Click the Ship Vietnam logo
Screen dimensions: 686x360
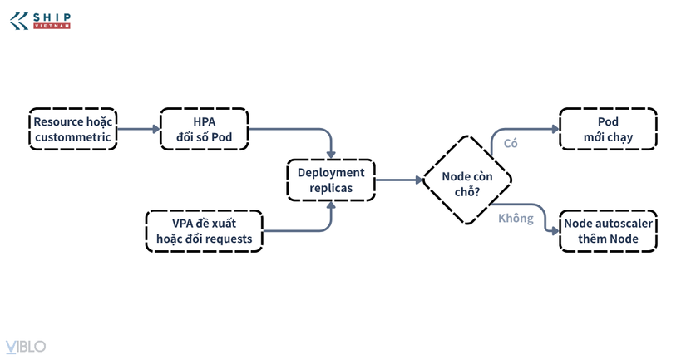coord(40,21)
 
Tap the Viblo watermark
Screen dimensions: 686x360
coord(26,347)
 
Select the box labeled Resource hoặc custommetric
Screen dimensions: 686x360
coord(73,129)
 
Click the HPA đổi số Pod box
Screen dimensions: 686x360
coord(205,129)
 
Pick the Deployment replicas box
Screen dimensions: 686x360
coord(331,180)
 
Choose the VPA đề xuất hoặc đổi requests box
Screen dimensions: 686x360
coord(205,231)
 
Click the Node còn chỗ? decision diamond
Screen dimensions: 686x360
coord(467,180)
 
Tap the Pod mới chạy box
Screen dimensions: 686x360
coord(608,129)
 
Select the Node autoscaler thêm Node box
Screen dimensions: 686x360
coord(608,231)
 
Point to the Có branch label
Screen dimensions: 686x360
coord(511,144)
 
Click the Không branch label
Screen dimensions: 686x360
coord(516,219)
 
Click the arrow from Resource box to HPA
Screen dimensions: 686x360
coord(139,129)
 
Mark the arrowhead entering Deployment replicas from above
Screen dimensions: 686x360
coord(331,155)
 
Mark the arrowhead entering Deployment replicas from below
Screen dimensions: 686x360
coord(331,205)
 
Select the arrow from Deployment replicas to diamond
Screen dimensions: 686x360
coord(398,180)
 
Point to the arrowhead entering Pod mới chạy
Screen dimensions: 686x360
coord(555,129)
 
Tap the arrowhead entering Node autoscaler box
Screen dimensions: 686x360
coord(555,231)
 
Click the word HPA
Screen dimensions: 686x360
coord(205,121)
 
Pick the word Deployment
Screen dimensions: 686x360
coord(331,173)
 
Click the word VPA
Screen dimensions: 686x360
coord(182,224)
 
